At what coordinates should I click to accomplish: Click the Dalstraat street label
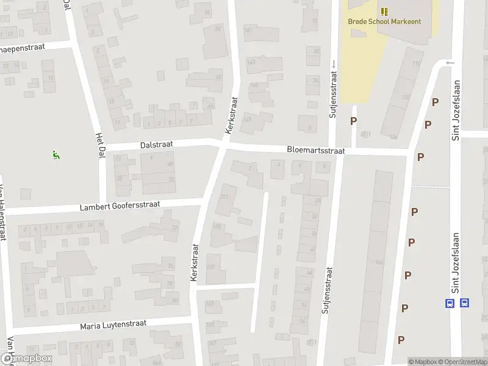pos(157,145)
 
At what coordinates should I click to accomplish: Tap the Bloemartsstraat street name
pos(316,150)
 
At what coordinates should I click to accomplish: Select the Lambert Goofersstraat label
pos(120,206)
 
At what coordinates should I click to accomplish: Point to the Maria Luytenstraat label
pos(113,326)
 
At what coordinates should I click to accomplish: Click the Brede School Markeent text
pos(384,21)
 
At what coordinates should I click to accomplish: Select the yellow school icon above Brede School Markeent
pos(384,11)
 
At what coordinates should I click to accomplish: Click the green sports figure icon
pos(56,155)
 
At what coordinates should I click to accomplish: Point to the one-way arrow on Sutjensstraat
pos(334,63)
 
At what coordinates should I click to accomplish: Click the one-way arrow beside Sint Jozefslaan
pos(450,62)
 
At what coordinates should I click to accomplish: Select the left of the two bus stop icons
pos(450,303)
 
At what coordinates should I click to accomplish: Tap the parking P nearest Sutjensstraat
pos(353,121)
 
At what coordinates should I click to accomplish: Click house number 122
pos(406,97)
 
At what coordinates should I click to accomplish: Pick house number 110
pos(417,63)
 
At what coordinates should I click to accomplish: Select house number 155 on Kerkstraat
pos(217,226)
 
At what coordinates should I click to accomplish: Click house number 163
pos(210,303)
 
